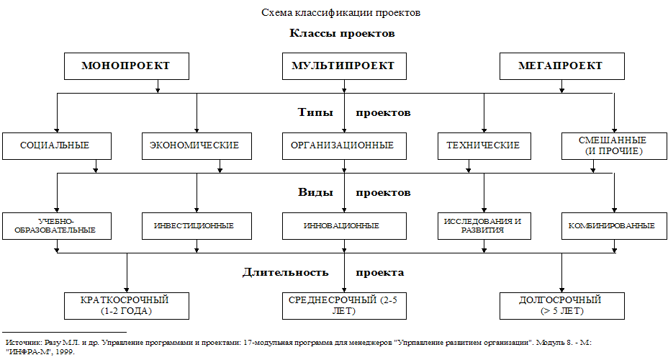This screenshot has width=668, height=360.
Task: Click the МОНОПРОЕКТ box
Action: point(127,66)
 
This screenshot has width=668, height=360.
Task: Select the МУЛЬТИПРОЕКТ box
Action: point(344,66)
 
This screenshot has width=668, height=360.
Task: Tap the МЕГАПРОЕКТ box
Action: point(562,66)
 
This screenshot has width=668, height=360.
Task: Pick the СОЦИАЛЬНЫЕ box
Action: point(57,146)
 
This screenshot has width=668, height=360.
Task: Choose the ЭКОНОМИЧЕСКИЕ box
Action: point(197,146)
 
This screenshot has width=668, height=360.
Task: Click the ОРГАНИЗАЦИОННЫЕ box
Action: point(344,146)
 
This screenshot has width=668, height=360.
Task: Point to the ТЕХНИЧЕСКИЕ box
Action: point(484,146)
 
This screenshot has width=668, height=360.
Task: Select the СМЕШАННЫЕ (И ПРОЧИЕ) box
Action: point(614,146)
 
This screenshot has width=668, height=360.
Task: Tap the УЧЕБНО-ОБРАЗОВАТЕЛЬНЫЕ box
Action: point(57,226)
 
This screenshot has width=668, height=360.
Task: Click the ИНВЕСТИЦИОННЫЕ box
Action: point(197,226)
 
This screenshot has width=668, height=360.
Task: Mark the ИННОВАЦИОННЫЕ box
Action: point(344,226)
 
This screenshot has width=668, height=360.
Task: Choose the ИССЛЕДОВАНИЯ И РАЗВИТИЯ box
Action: point(484,226)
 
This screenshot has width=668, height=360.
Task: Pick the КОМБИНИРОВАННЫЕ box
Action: point(614,226)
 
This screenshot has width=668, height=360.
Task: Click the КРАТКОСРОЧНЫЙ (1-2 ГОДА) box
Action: point(127,306)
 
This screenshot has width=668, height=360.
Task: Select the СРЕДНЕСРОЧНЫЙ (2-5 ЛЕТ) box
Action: point(344,306)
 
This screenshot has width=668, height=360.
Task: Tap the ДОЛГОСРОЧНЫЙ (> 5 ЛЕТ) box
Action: point(562,306)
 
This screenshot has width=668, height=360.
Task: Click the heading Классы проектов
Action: point(342,33)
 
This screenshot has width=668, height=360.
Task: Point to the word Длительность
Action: point(286,273)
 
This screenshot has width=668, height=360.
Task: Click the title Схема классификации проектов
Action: point(340,13)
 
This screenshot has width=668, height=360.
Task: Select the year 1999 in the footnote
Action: point(66,352)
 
